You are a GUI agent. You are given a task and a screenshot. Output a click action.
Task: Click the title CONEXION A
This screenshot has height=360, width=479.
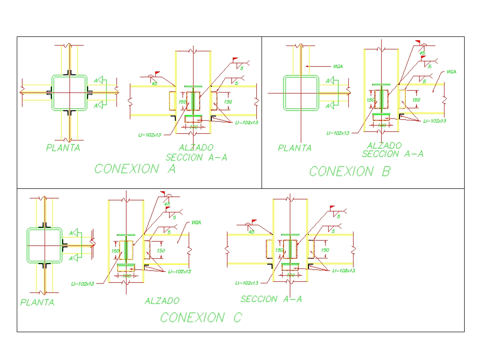[135, 169]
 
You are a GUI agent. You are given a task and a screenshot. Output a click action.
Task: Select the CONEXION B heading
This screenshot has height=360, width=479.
[350, 171]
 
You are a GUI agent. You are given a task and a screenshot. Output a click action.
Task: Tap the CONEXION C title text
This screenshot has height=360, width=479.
[201, 317]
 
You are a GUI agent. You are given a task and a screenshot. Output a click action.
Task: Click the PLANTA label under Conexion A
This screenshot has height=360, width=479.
[63, 148]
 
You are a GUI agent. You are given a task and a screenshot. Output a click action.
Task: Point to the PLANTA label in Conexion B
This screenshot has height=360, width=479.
[295, 148]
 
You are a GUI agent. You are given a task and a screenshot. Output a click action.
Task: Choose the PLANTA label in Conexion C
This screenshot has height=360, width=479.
[37, 302]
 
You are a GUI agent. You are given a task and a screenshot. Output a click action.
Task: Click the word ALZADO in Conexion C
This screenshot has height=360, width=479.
[162, 301]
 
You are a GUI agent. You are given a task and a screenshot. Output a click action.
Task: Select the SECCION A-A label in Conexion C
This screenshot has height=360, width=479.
[271, 299]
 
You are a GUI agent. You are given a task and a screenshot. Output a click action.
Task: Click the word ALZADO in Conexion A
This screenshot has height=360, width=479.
[196, 148]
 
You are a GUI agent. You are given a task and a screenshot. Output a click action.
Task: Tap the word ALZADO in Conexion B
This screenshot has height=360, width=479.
[384, 145]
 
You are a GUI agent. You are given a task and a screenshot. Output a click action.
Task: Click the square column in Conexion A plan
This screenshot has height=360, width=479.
[69, 92]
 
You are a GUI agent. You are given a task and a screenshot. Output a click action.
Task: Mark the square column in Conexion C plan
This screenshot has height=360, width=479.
[44, 245]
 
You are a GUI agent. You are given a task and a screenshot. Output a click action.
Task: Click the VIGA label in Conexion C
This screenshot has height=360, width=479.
[196, 222]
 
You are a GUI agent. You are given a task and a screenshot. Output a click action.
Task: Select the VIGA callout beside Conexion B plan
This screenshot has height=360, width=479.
[338, 66]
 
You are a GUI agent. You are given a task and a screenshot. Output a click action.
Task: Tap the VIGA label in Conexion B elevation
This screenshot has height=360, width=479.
[451, 72]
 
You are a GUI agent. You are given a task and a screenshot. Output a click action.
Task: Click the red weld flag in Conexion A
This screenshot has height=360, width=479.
[235, 59]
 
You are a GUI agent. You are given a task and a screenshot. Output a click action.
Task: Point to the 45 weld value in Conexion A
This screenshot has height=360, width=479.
[154, 83]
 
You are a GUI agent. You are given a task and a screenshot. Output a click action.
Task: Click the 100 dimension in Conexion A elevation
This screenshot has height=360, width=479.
[193, 128]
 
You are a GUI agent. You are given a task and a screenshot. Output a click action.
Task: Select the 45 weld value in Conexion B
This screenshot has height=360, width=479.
[422, 52]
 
